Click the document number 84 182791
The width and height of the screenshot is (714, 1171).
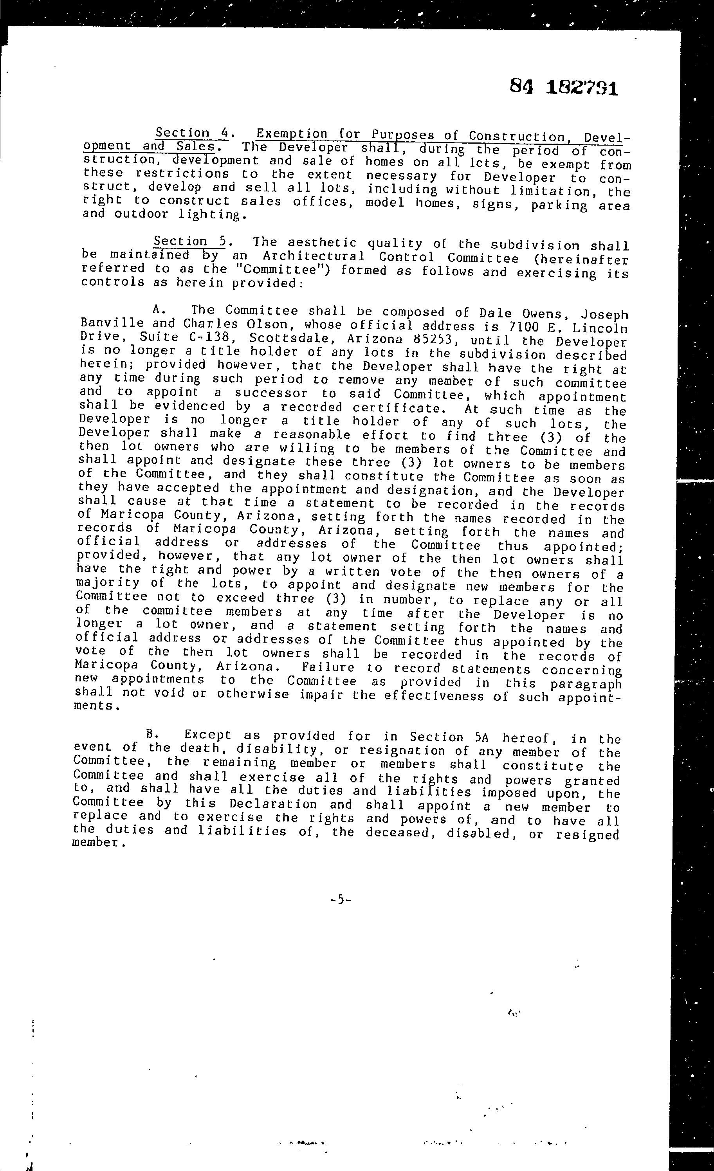[x=564, y=87]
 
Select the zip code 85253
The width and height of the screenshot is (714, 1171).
[x=436, y=340]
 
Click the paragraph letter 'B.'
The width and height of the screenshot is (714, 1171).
[x=152, y=734]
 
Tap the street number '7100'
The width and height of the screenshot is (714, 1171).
[x=525, y=328]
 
